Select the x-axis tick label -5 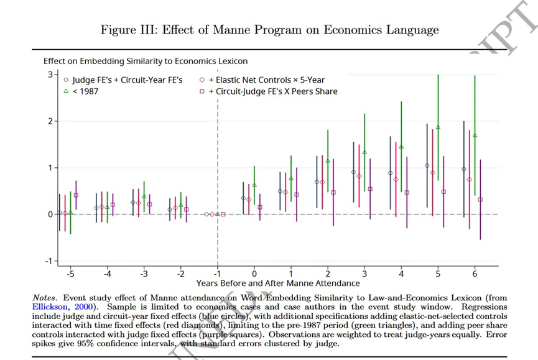tap(71, 274)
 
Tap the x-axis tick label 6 tap(474, 274)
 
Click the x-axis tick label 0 tap(254, 274)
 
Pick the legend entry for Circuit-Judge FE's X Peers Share tap(272, 91)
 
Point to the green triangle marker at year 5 tap(438, 127)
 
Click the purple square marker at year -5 tap(76, 195)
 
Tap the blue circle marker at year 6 tap(463, 169)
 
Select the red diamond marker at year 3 tap(359, 176)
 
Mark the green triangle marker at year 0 tap(254, 185)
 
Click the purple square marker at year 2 tap(333, 192)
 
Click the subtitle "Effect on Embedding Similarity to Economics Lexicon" tap(145, 61)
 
